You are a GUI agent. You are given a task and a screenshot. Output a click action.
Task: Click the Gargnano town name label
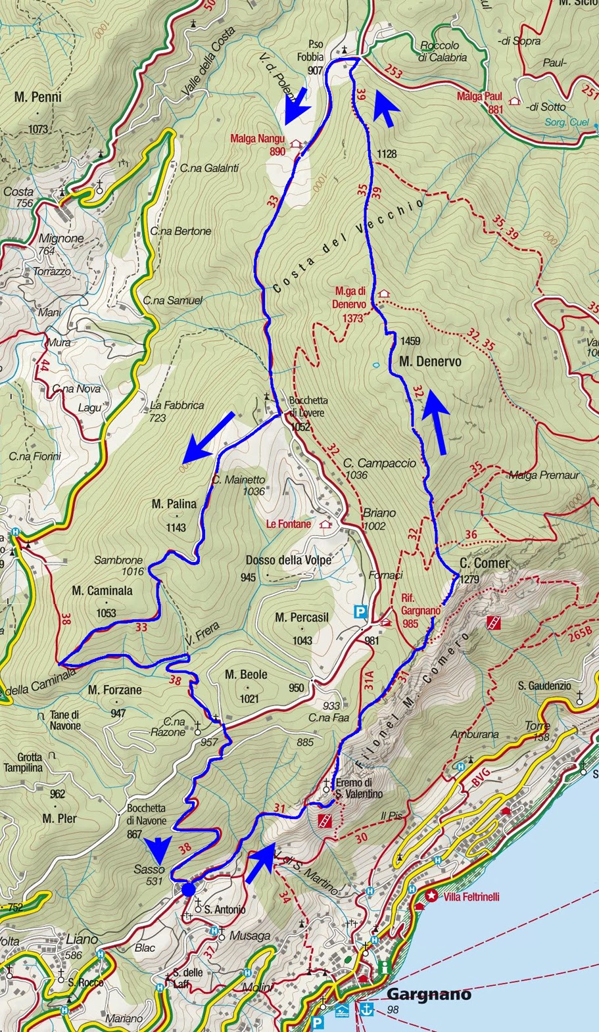429,994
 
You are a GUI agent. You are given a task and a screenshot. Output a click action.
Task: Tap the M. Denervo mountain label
430,362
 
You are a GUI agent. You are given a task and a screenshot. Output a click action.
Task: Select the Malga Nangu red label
257,139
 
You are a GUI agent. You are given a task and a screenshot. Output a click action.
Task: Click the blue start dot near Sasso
189,889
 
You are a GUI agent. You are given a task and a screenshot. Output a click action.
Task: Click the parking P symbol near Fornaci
360,612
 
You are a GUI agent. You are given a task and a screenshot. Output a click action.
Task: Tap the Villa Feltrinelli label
471,897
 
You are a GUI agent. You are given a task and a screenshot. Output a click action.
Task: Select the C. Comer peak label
484,563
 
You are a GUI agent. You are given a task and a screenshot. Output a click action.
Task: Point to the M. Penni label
37,97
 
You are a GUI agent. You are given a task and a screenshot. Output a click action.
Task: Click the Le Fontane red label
289,524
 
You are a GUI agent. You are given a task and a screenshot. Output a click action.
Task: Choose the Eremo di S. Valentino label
358,788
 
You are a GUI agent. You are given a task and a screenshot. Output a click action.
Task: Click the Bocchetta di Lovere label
307,406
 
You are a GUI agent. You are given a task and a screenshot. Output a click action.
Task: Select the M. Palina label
174,504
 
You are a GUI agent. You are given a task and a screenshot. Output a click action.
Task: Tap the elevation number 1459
410,341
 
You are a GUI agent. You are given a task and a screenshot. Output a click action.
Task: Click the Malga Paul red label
479,97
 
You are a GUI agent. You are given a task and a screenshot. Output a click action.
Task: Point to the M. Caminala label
102,591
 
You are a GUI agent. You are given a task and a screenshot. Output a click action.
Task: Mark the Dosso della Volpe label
288,560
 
